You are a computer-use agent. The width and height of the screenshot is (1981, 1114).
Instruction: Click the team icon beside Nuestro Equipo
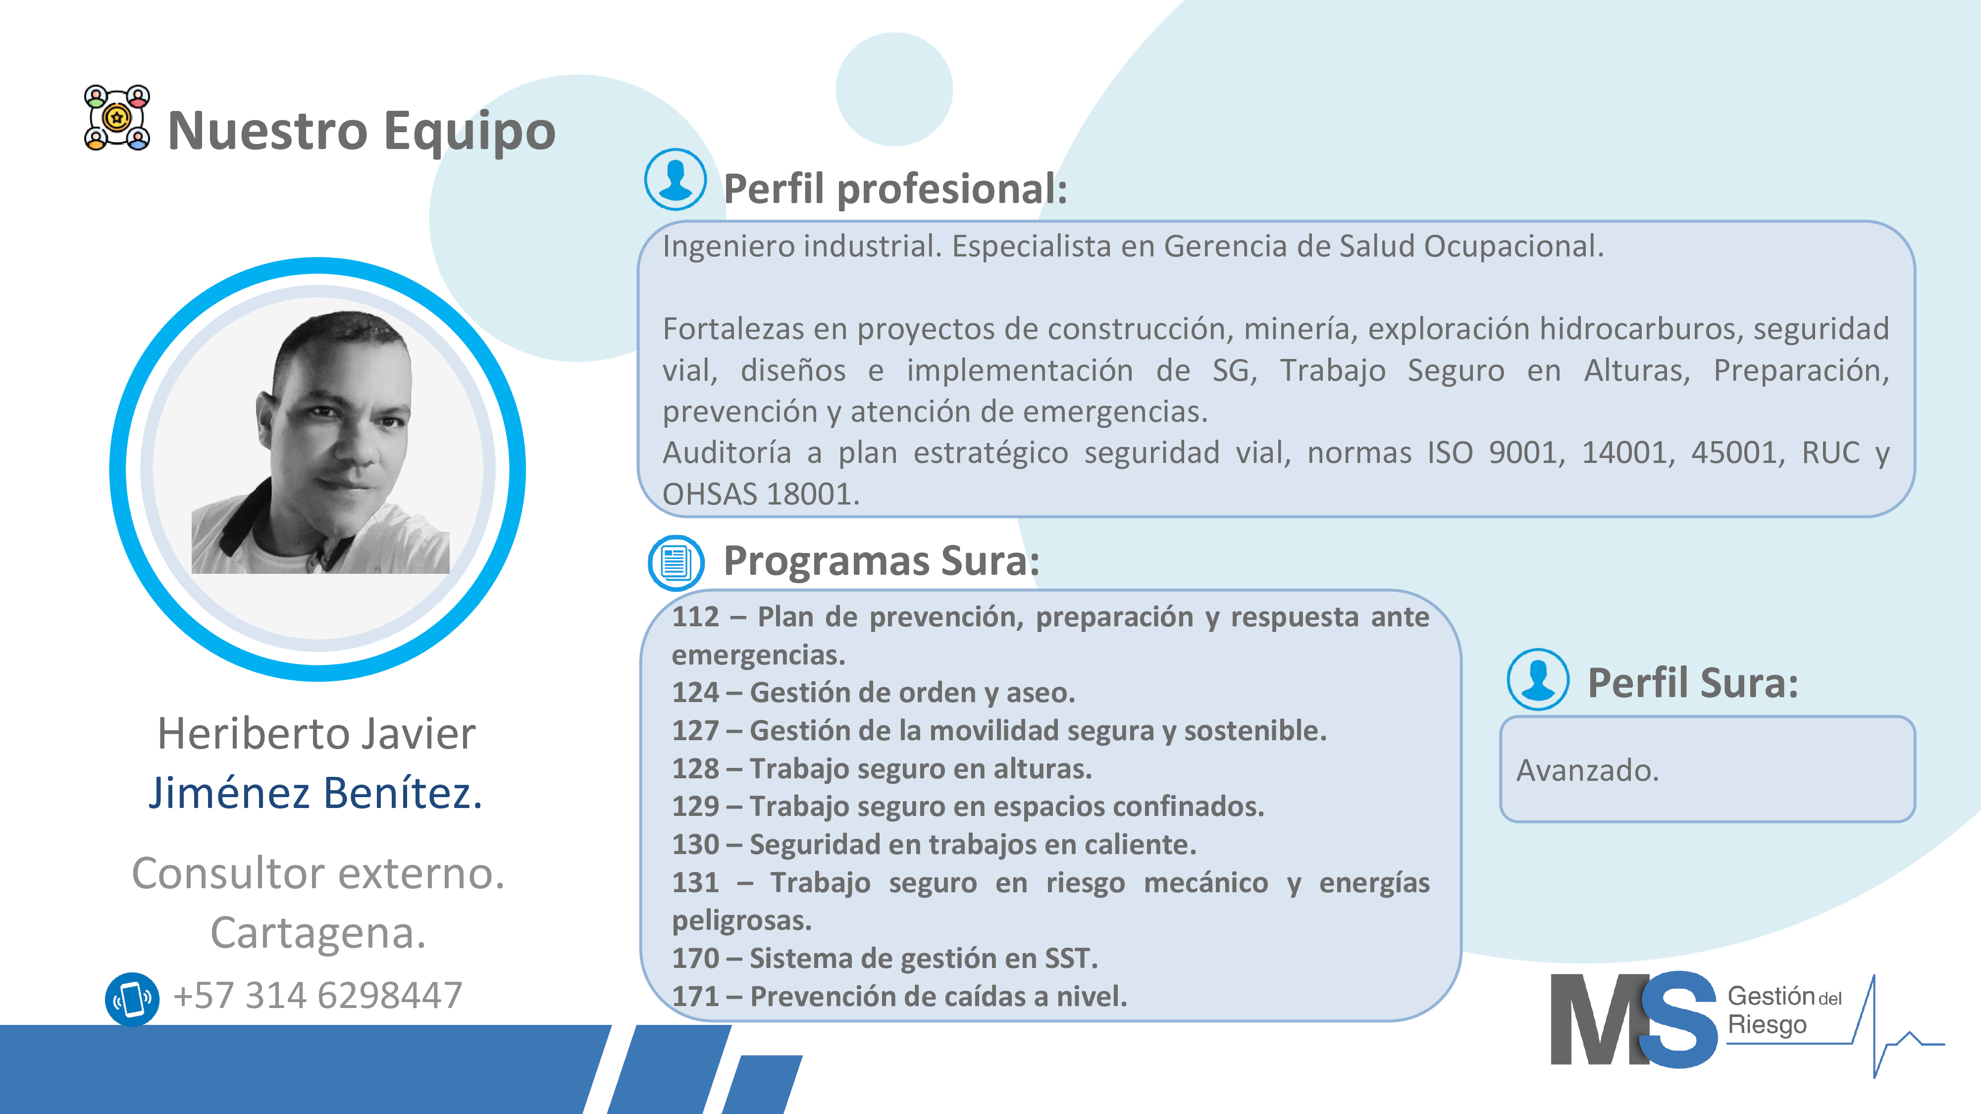(x=117, y=118)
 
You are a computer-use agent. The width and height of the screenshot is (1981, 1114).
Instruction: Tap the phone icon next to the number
(x=132, y=999)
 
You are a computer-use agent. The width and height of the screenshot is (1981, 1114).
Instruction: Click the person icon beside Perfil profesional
(x=675, y=179)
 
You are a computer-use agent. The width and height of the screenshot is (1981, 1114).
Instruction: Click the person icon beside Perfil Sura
(x=1538, y=680)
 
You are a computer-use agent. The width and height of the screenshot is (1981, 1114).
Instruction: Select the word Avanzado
(x=1587, y=770)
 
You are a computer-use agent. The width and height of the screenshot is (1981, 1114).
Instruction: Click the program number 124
(x=695, y=693)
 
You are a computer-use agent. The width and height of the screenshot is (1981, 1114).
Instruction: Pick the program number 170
(x=695, y=959)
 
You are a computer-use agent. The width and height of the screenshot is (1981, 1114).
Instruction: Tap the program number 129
(x=695, y=807)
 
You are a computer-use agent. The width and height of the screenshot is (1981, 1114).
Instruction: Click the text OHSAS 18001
(x=761, y=494)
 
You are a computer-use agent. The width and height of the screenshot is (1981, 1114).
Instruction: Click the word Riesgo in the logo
(x=1767, y=1025)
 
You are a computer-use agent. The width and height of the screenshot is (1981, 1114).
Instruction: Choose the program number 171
(x=695, y=996)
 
